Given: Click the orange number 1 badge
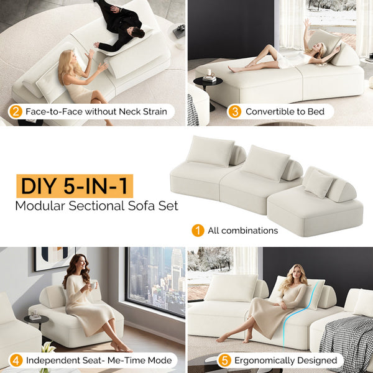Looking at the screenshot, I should pyautogui.click(x=198, y=231).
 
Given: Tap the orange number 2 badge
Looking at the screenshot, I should pyautogui.click(x=16, y=112).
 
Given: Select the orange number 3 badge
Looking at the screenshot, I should pyautogui.click(x=234, y=112).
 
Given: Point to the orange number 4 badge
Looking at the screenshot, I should pyautogui.click(x=16, y=361).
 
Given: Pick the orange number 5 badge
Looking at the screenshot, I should pyautogui.click(x=225, y=361).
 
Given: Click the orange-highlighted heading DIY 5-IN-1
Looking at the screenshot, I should pyautogui.click(x=75, y=186).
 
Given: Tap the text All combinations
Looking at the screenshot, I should pyautogui.click(x=242, y=231).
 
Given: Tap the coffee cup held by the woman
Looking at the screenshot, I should pyautogui.click(x=92, y=285).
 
